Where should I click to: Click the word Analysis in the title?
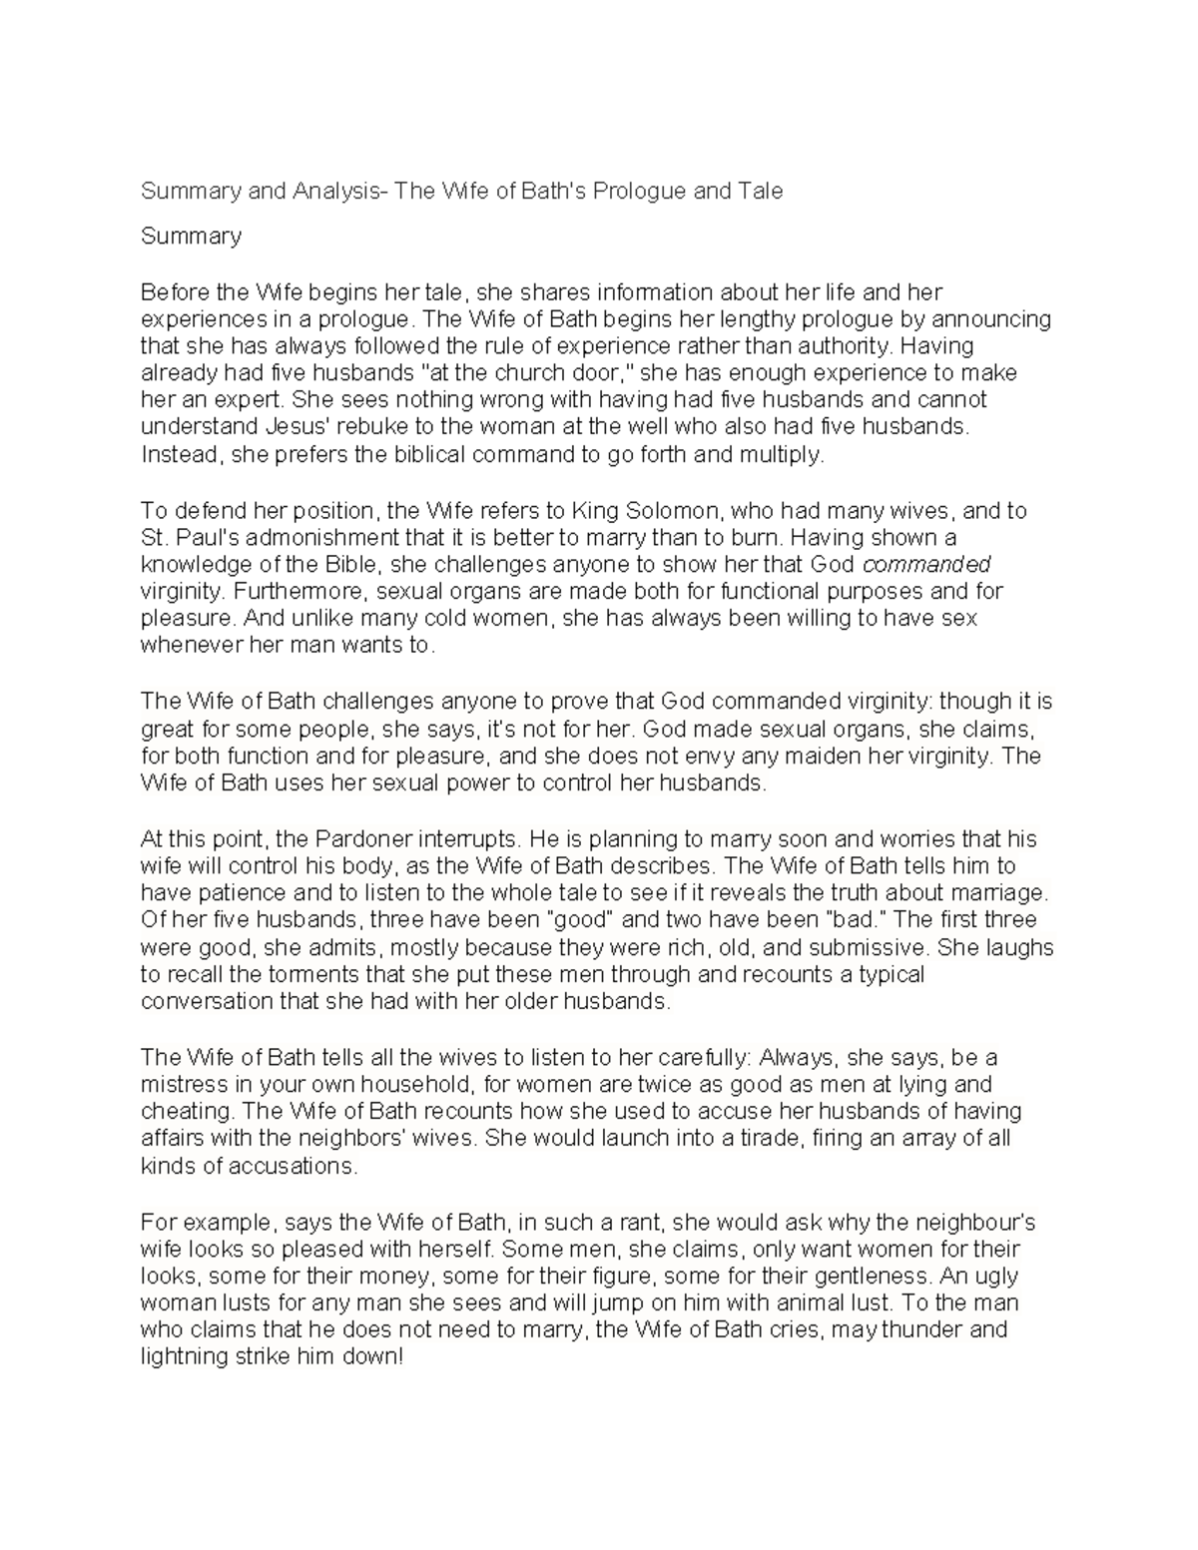(335, 191)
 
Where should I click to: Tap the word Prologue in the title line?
(639, 191)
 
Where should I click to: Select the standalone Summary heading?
(191, 236)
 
